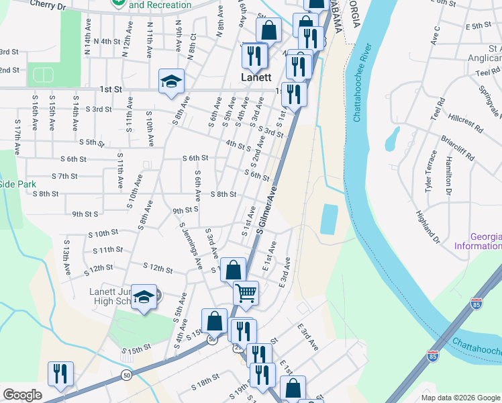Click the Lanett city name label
tap(256, 77)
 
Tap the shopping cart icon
tap(246, 293)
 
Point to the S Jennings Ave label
tap(191, 249)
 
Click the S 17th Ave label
tap(17, 136)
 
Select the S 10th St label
tap(103, 234)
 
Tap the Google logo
tap(22, 395)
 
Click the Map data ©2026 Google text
tap(460, 398)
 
